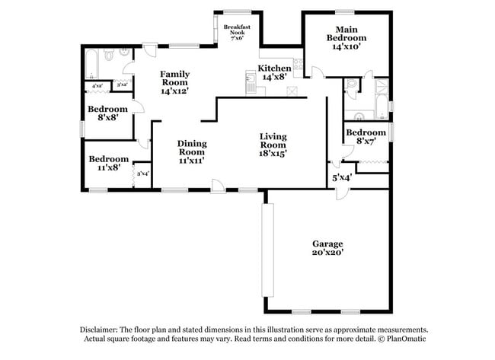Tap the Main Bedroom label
pos(346,37)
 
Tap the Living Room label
pos(273,141)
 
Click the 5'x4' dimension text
pos(341,178)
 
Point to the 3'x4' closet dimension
pos(143,174)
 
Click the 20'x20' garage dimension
pos(327,253)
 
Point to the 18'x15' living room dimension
pos(273,152)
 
